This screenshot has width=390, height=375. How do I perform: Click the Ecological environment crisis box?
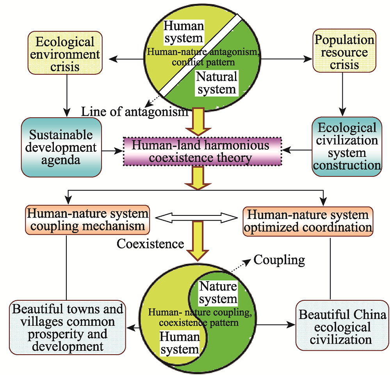pyautogui.click(x=65, y=54)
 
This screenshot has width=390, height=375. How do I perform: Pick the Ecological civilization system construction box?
pyautogui.click(x=347, y=147)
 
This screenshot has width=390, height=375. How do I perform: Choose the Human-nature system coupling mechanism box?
pyautogui.click(x=88, y=220)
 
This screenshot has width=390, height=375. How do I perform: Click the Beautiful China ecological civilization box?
pyautogui.click(x=342, y=327)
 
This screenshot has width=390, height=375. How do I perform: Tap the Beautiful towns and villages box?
pyautogui.click(x=68, y=328)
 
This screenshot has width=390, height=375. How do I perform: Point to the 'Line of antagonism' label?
pyautogui.click(x=134, y=112)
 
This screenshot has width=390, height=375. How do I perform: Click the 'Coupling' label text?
pyautogui.click(x=279, y=260)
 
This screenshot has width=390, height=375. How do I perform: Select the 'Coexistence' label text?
pyautogui.click(x=150, y=244)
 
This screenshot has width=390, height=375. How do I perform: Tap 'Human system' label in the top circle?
pyautogui.click(x=183, y=32)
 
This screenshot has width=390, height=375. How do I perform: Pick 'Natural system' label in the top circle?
pyautogui.click(x=217, y=83)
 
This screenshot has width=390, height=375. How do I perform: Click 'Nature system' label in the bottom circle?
pyautogui.click(x=218, y=293)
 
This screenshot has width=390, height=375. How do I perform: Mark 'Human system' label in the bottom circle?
pyautogui.click(x=180, y=343)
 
